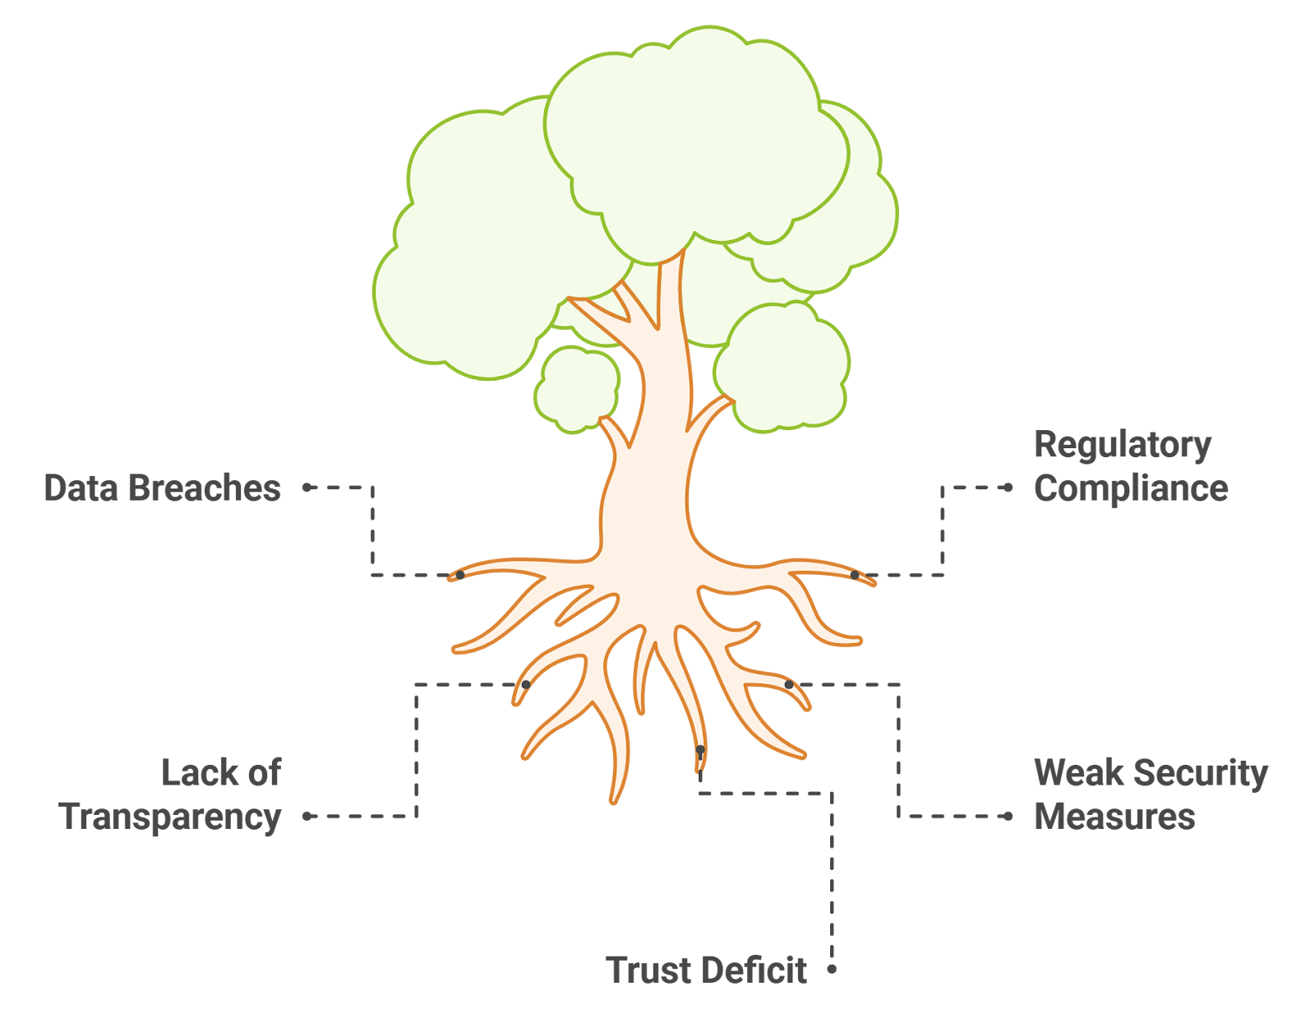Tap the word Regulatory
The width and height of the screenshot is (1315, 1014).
point(1122,446)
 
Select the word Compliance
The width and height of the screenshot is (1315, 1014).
point(1131,488)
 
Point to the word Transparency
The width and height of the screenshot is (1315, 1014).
point(170,817)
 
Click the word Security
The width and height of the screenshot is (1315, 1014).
point(1200,774)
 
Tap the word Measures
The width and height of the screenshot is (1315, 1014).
point(1114,817)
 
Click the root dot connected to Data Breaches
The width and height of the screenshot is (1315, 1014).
point(460,575)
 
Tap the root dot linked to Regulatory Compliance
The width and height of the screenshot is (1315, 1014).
point(855,575)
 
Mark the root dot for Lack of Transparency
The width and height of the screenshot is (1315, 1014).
point(526,684)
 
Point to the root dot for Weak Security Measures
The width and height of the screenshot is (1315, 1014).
point(789,684)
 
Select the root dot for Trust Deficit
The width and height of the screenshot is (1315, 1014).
point(699,750)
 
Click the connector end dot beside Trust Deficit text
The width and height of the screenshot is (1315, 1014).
point(832,969)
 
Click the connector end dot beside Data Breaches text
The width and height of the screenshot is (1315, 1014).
point(306,487)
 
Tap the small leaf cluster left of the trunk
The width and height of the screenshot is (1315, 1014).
point(577,388)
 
